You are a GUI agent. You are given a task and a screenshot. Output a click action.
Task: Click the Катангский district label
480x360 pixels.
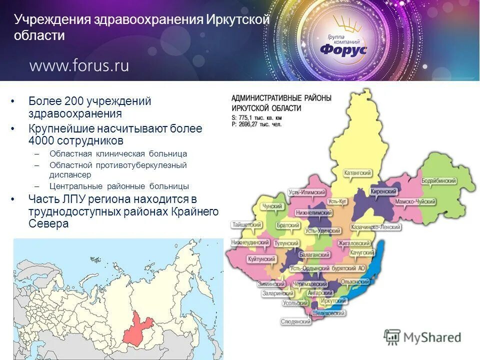tap(358, 173)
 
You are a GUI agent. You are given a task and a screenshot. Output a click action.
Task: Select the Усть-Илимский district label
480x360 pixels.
tap(307, 192)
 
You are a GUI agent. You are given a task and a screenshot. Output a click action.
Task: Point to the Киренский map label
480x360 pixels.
tap(384, 192)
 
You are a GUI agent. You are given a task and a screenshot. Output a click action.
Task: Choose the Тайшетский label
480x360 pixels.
tap(247, 225)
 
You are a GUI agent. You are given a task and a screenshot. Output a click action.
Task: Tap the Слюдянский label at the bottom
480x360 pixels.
tap(296, 321)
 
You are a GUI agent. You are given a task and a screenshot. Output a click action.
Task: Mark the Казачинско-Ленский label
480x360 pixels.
tap(376, 227)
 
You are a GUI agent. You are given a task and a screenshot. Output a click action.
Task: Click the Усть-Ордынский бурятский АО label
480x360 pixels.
tap(328, 268)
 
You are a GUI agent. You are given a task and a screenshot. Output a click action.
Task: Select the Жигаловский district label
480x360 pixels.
tap(353, 243)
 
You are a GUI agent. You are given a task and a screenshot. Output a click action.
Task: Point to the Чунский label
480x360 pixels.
tap(273, 206)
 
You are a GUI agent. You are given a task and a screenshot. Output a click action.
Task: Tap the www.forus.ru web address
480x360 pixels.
tap(79, 65)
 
